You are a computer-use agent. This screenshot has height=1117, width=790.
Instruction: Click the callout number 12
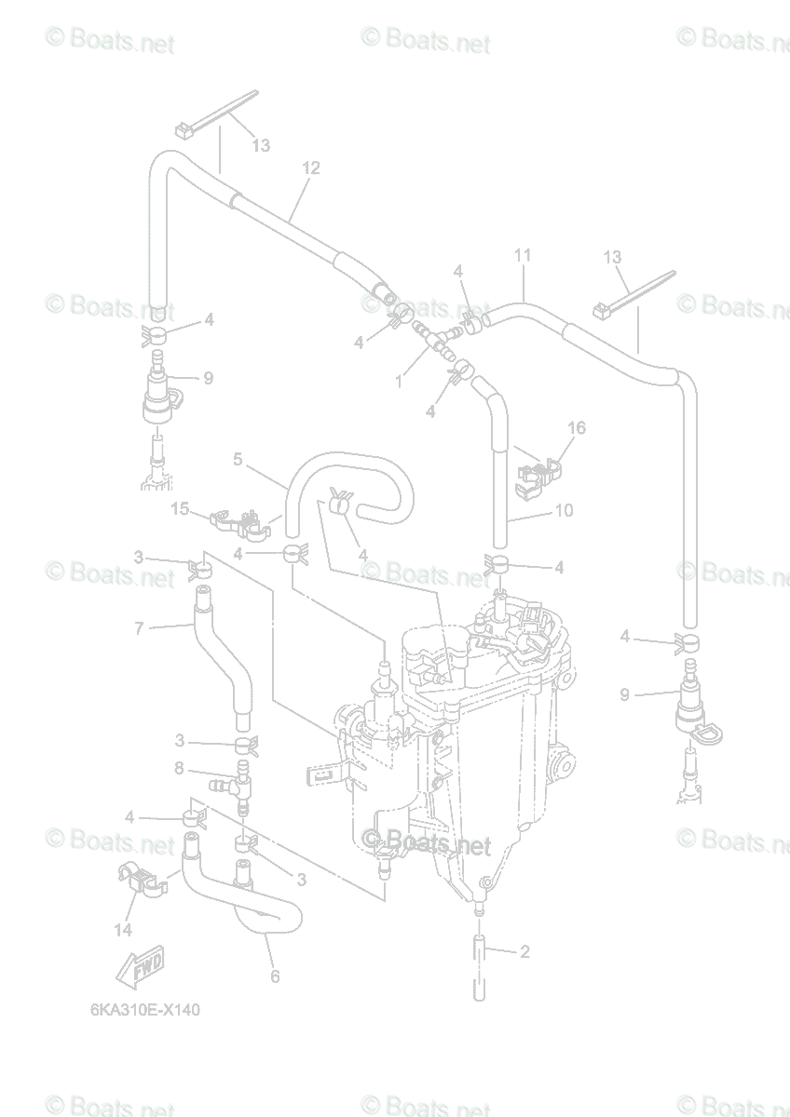310,168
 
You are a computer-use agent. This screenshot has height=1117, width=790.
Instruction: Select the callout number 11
522,254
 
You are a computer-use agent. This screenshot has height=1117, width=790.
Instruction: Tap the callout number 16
577,427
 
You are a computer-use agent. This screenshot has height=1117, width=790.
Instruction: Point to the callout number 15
180,508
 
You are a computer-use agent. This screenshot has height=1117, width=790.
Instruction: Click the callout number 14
123,928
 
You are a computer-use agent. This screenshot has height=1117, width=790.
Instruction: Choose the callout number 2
524,951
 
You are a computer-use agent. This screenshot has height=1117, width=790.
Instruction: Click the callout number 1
400,380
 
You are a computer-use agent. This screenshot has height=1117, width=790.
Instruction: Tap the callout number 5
238,459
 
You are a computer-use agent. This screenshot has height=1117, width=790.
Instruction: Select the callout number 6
275,976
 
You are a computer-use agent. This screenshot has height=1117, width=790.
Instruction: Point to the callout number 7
139,628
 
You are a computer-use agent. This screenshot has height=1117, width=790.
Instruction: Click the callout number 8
179,769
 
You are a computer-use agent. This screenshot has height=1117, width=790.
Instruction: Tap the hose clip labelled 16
539,470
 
